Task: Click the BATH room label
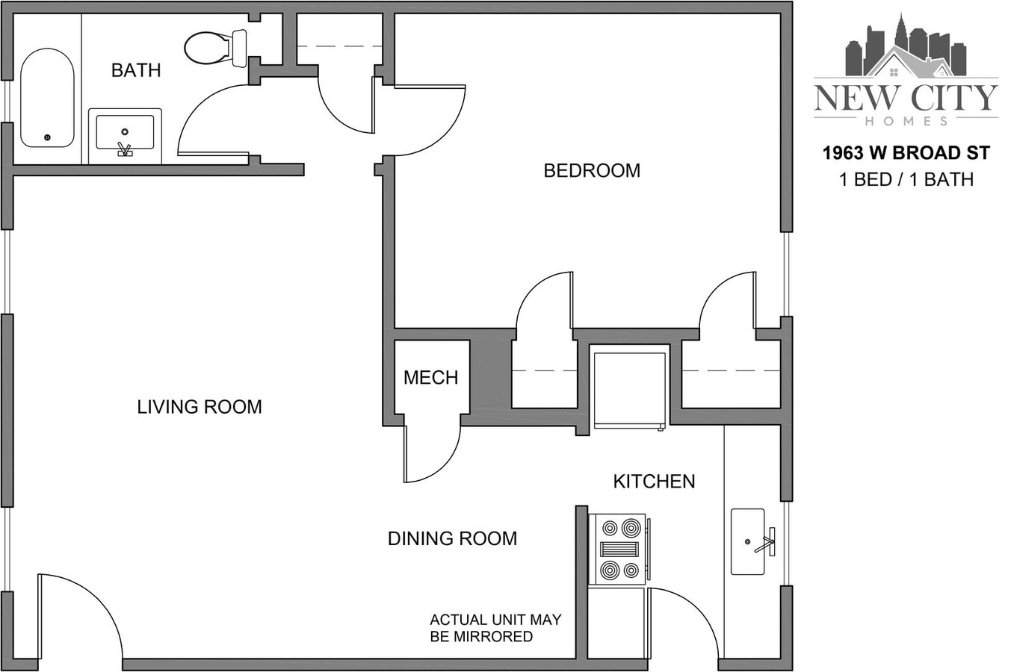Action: (x=136, y=70)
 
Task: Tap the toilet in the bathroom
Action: (x=213, y=47)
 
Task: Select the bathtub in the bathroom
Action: (x=47, y=98)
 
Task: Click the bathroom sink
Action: (x=125, y=135)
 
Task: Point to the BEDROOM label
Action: (x=592, y=171)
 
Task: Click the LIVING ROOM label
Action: (x=200, y=407)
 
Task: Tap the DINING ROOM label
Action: (x=452, y=538)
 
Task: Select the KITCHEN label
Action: (x=654, y=482)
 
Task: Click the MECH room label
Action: (x=430, y=378)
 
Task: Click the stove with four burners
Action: (x=618, y=549)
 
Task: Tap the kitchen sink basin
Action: (x=747, y=541)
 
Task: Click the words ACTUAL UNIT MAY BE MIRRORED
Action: (x=495, y=628)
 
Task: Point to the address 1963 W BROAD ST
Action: (x=906, y=153)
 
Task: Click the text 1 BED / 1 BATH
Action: (x=906, y=179)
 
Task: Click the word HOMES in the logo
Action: (x=906, y=120)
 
